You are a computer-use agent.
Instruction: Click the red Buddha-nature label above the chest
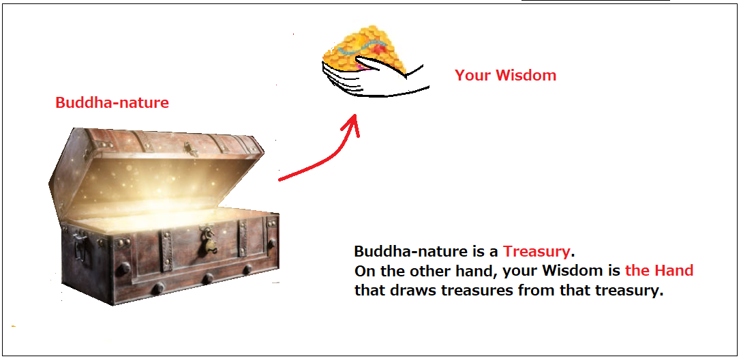[x=112, y=102]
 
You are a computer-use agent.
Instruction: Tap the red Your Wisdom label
[x=505, y=75]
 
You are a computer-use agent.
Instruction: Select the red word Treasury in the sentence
[x=536, y=250]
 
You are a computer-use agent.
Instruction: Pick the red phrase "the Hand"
[x=659, y=270]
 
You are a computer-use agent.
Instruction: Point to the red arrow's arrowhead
[x=352, y=125]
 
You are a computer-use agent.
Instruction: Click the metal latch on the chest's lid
[x=192, y=149]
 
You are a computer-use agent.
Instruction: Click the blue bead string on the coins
[x=364, y=47]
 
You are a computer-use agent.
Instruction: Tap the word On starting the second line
[x=363, y=270]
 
